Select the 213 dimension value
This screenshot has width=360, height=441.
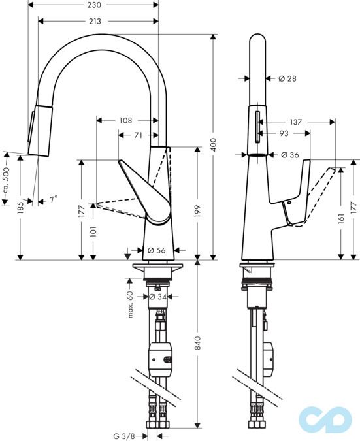pyautogui.click(x=94, y=22)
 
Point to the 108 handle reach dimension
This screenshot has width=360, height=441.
pyautogui.click(x=126, y=120)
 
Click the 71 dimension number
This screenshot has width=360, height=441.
pyautogui.click(x=139, y=135)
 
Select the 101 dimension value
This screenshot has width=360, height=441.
pyautogui.click(x=93, y=231)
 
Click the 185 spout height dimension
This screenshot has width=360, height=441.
pyautogui.click(x=20, y=207)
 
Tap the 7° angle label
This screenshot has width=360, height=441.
pyautogui.click(x=53, y=200)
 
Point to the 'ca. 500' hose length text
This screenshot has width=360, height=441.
pyautogui.click(x=6, y=178)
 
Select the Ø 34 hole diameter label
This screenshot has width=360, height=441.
pyautogui.click(x=157, y=297)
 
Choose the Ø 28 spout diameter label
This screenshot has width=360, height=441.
pyautogui.click(x=287, y=78)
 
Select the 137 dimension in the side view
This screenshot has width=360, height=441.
pyautogui.click(x=295, y=122)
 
